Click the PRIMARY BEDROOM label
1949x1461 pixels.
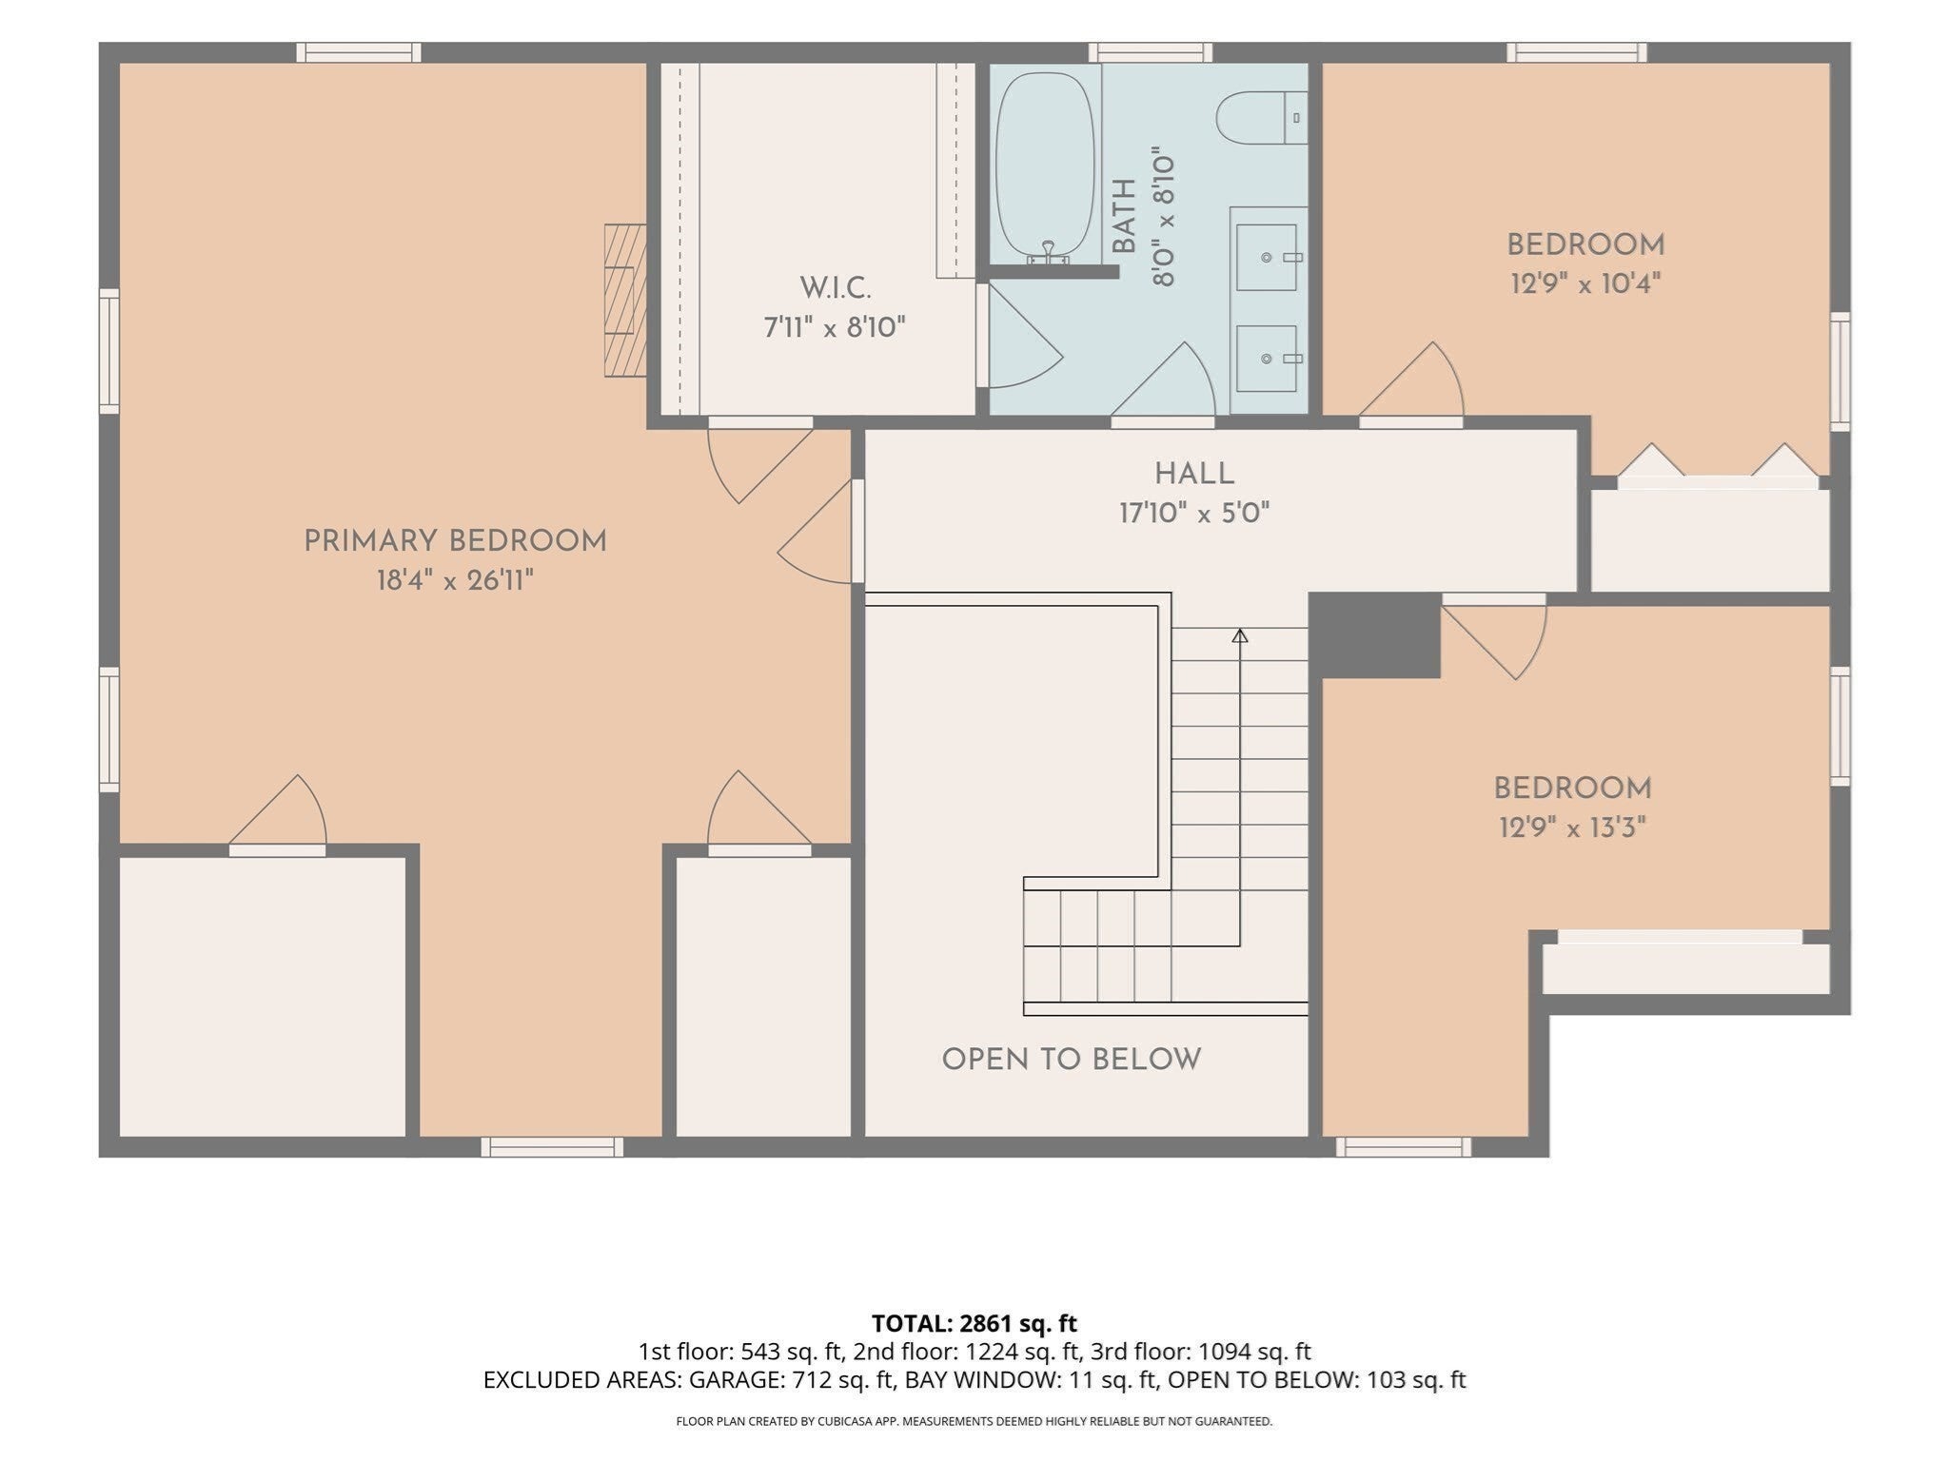(455, 541)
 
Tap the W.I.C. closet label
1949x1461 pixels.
(835, 287)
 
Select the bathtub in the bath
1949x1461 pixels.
(1044, 166)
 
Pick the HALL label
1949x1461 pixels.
(1194, 474)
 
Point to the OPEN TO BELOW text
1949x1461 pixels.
(1072, 1060)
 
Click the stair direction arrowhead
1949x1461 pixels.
(1239, 635)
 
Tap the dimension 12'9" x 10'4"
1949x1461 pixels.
(1585, 283)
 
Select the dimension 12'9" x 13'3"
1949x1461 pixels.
(1572, 828)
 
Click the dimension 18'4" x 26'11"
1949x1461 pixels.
(455, 580)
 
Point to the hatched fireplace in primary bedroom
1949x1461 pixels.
(625, 301)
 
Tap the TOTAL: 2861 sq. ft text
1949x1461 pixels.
(974, 1323)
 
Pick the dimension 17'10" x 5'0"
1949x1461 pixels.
(1194, 514)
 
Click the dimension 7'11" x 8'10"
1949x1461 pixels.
(835, 327)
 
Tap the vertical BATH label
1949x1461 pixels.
(1124, 216)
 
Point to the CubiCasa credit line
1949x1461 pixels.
(974, 1422)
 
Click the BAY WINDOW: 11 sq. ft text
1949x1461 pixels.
(1031, 1380)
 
